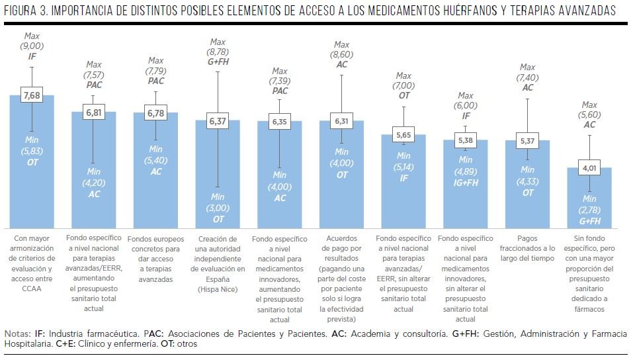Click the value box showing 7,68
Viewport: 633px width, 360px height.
point(32,96)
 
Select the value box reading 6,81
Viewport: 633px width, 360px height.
point(94,112)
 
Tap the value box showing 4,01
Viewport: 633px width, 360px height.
point(589,168)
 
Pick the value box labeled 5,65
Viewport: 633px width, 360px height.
point(403,136)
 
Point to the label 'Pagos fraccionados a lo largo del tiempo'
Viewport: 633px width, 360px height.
point(527,247)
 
